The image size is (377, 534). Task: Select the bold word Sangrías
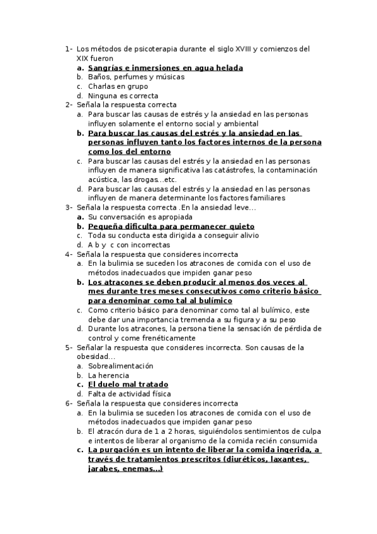tap(106, 67)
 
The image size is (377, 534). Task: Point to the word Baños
tap(99, 77)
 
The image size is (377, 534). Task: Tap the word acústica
tap(103, 179)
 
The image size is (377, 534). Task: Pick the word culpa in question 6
tap(312, 431)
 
